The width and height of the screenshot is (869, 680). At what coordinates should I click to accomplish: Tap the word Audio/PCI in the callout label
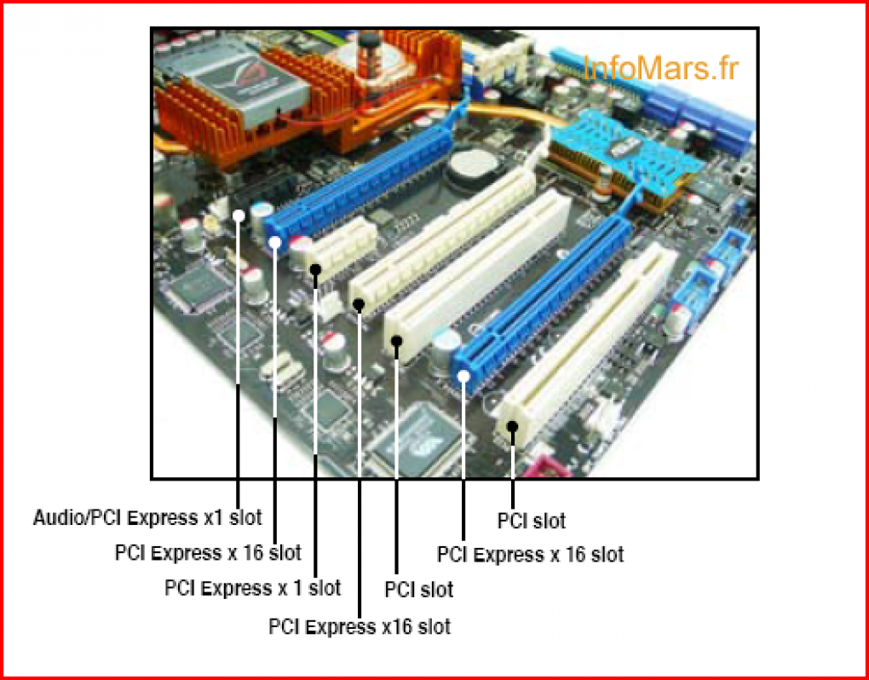(78, 518)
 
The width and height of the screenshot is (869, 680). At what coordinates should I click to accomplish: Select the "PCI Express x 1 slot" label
(253, 588)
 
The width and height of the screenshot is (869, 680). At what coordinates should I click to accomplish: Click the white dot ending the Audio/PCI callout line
(239, 215)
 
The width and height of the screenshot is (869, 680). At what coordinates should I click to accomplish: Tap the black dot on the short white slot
(316, 269)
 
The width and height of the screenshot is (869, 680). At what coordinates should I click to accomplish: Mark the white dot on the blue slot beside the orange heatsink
(275, 241)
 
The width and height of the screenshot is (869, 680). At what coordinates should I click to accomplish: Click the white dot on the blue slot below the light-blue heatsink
(464, 377)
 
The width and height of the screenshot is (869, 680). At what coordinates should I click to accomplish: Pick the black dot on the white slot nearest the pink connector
(513, 427)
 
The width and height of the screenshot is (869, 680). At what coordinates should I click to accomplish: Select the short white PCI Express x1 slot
(340, 247)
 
